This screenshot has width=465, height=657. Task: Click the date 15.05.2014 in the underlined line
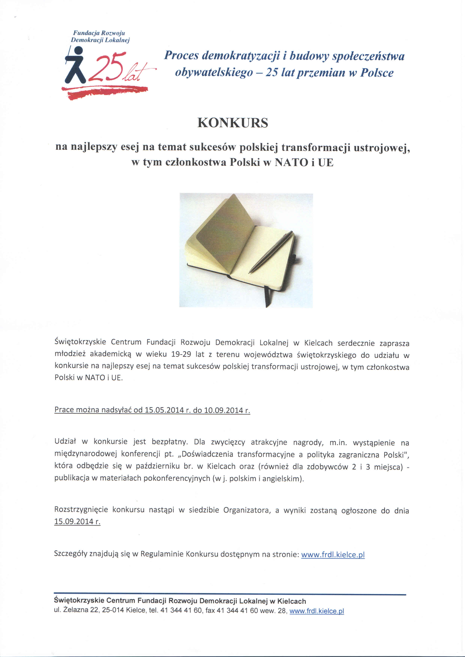tap(164, 410)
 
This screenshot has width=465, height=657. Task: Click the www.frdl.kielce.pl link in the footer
tap(317, 611)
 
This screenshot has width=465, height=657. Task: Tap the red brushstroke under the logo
tap(104, 92)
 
